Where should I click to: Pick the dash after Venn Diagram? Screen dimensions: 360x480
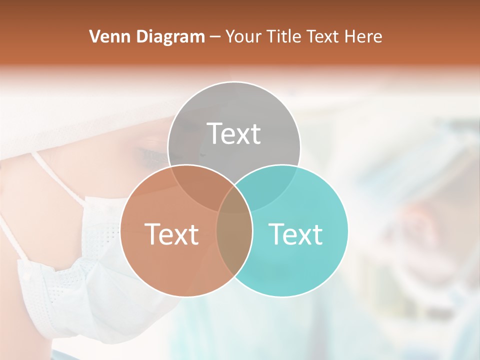[215, 37]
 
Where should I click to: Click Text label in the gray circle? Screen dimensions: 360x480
[234, 133]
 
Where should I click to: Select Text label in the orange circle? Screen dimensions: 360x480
[171, 234]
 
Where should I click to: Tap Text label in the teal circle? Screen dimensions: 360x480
[295, 234]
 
